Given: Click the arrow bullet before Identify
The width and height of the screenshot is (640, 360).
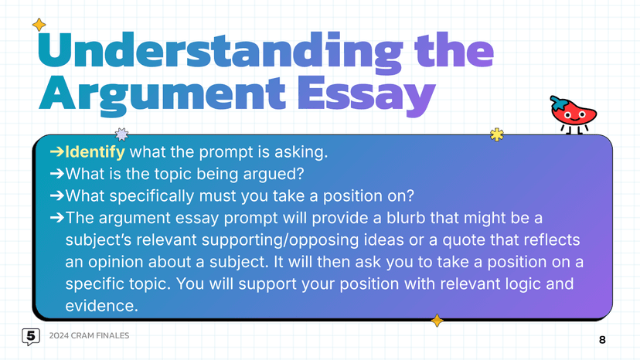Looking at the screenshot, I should coord(56,151).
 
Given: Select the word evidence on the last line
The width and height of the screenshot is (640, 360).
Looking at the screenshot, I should coord(101,306).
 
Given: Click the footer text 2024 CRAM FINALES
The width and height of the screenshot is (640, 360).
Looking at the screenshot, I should coord(89,335).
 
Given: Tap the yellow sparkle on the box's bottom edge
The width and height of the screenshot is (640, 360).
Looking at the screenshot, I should coord(437,320).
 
